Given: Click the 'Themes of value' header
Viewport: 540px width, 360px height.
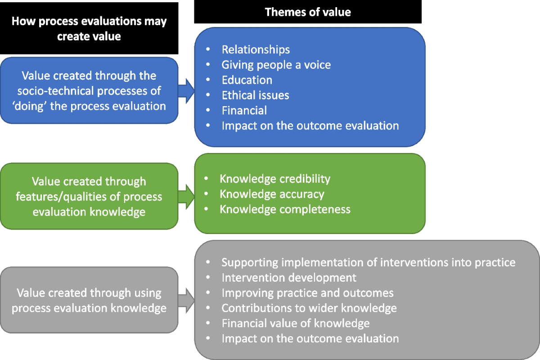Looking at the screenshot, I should [308, 12].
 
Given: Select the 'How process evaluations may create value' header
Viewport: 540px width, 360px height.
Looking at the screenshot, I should [89, 28].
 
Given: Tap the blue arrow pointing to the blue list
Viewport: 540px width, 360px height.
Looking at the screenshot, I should [186, 90].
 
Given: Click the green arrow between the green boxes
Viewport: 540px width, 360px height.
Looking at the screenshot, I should [186, 197].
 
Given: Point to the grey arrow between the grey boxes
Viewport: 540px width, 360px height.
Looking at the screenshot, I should [186, 300].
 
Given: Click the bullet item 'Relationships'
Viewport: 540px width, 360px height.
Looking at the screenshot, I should [256, 49].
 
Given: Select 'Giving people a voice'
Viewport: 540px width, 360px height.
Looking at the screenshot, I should [276, 65].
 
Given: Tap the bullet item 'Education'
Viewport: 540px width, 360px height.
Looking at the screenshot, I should [247, 80].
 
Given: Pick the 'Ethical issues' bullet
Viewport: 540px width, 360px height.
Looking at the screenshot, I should [255, 95].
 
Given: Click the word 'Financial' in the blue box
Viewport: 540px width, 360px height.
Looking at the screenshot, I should [244, 111].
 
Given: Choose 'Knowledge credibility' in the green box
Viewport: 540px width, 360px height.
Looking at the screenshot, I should [275, 179].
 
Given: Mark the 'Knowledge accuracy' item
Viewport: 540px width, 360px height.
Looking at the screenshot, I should [272, 194].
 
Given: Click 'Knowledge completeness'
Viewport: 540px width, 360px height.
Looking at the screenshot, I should [285, 209].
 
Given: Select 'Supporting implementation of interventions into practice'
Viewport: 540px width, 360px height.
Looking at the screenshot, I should [368, 262].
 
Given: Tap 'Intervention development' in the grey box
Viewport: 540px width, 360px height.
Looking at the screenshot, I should [289, 277].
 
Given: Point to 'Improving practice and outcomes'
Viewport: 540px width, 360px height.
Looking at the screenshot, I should [307, 293].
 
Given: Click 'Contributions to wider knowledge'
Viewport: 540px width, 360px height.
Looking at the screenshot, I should [309, 308].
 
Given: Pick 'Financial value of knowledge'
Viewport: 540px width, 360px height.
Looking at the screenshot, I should [296, 323].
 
